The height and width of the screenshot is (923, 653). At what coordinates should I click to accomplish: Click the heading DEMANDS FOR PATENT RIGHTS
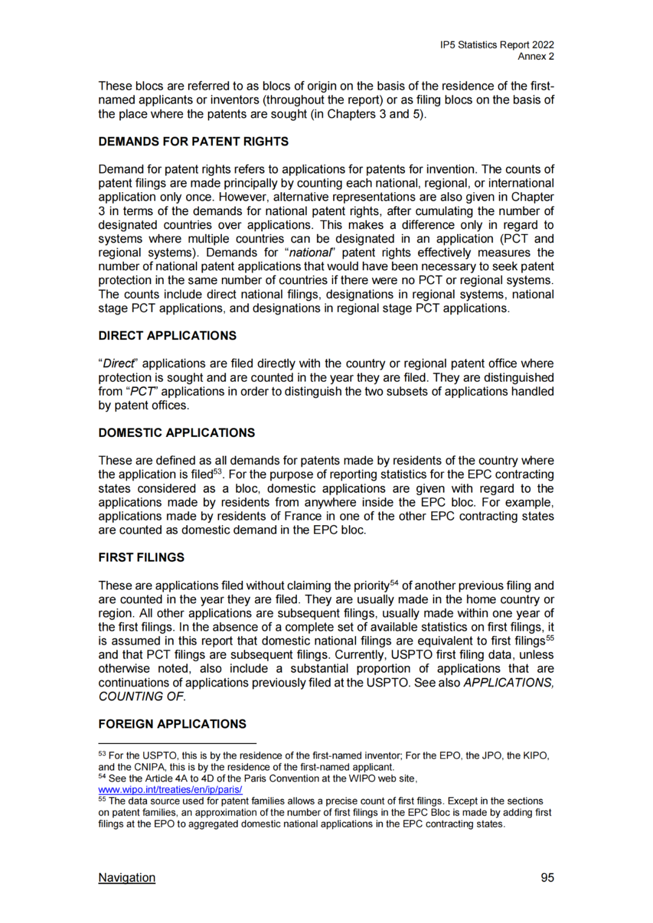(x=193, y=141)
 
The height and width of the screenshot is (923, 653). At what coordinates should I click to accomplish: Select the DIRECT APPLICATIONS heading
(x=167, y=335)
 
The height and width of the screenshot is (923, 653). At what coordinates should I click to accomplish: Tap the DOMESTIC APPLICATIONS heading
(x=177, y=433)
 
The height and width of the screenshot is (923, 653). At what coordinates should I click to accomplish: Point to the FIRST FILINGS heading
(x=141, y=557)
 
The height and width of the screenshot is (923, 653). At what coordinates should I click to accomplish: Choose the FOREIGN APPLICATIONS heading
(x=172, y=724)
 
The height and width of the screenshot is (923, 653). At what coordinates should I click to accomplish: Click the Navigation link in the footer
(x=127, y=878)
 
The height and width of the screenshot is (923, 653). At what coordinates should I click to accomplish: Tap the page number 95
(x=547, y=878)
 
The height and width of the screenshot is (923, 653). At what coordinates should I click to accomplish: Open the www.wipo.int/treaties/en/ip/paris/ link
(x=170, y=789)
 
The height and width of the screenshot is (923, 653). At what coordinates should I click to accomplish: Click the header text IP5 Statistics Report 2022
(x=497, y=45)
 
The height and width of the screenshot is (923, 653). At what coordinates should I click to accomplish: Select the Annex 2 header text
(x=536, y=56)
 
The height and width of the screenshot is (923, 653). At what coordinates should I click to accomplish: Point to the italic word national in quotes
(x=311, y=253)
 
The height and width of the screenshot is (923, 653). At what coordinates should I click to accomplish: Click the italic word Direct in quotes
(x=119, y=363)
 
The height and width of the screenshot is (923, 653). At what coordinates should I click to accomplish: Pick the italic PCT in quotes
(x=142, y=392)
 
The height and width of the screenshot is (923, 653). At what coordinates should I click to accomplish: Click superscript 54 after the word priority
(x=394, y=583)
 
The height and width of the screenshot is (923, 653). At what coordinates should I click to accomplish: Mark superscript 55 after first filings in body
(x=550, y=638)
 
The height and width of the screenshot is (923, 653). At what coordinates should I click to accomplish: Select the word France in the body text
(x=303, y=516)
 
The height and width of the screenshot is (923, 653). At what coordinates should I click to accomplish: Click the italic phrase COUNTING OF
(x=142, y=696)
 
